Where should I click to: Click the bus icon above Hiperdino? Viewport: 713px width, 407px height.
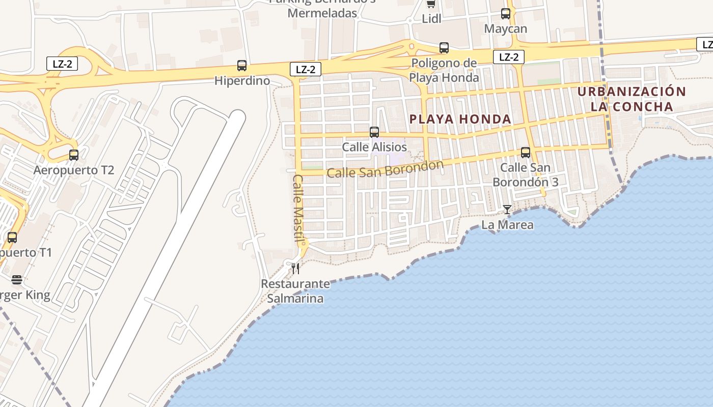coord(242,65)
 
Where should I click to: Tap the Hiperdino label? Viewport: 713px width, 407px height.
coord(242,80)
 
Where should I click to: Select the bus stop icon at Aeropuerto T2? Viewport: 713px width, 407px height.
coord(74,155)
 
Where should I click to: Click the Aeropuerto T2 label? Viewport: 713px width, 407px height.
coord(74,170)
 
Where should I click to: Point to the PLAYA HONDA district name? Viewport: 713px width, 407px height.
coord(460,119)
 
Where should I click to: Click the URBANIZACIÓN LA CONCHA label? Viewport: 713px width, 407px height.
coord(632,99)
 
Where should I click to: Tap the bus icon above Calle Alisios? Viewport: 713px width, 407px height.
coord(374,132)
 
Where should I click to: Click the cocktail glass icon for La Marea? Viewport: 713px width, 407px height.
coord(507,209)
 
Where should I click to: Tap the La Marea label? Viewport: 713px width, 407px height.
coord(508,224)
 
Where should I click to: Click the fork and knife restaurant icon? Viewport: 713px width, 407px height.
coord(295,268)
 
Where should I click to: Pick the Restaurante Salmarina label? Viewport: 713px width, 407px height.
coord(295,291)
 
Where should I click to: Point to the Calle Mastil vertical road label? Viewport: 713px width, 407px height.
coord(298,208)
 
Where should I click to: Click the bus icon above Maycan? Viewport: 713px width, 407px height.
coord(506,14)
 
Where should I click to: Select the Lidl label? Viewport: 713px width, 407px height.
coord(431,19)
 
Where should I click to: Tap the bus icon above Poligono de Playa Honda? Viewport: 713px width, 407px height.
coord(444,48)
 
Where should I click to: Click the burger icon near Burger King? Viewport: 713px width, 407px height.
coord(17,280)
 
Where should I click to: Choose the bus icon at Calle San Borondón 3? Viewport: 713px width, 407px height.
coord(526,152)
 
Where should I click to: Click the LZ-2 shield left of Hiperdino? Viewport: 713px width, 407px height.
coord(63,64)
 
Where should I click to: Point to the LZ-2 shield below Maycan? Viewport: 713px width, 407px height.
coord(509,57)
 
